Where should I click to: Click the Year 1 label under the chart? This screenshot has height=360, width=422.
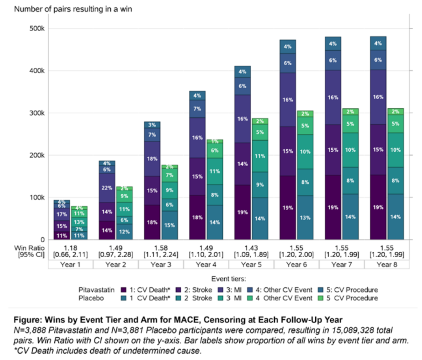pos(71,265)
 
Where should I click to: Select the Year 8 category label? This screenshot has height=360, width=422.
pos(387,265)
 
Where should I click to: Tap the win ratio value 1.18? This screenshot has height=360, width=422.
pos(71,248)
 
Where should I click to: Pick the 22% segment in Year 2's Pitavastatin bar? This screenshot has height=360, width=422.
pos(107,188)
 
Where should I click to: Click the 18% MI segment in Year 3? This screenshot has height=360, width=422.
pos(152,159)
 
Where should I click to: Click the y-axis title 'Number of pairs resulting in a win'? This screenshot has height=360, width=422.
pos(73,9)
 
